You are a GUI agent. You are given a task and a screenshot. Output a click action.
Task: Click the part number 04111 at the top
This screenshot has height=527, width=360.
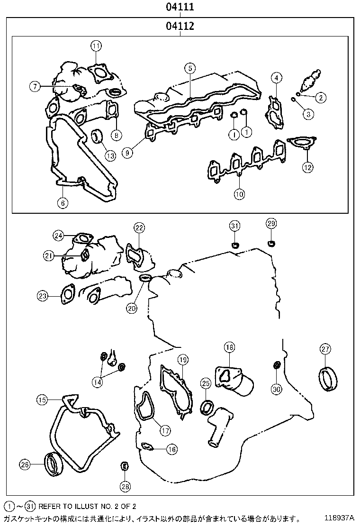180,8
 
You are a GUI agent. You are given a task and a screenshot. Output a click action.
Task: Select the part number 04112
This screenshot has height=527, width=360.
180,27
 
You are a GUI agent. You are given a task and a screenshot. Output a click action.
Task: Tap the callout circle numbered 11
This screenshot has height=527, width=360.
96,46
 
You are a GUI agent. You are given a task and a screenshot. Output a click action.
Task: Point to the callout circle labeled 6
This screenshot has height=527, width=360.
63,203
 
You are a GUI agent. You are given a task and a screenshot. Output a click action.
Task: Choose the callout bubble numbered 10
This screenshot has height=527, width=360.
239,193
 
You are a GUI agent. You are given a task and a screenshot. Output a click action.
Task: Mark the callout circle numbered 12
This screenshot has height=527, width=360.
307,167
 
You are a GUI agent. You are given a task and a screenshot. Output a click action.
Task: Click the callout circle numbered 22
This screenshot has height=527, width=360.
138,228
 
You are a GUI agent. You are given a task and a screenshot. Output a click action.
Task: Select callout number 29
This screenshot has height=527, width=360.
271,223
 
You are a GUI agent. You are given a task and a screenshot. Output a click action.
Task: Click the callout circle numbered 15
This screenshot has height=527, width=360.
43,400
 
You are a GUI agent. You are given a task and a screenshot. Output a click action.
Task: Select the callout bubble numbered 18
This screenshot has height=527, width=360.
229,348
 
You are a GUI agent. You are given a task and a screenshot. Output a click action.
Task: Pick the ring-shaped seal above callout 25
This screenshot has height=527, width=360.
207,407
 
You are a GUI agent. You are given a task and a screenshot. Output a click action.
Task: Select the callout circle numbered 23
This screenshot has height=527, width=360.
43,296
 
